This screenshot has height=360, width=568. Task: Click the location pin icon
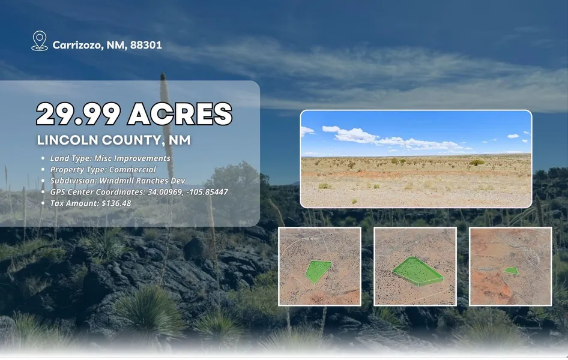click(40, 41)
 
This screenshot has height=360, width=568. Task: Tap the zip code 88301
click(146, 45)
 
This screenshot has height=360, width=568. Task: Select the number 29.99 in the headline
click(78, 114)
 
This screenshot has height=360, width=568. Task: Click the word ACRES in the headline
click(180, 114)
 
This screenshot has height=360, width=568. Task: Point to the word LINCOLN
click(68, 140)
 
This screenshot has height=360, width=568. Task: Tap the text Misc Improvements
click(132, 158)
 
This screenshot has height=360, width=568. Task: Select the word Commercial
click(133, 169)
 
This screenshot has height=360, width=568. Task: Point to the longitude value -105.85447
click(207, 192)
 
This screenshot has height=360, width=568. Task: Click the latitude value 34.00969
click(165, 192)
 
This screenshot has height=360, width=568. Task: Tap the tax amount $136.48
click(116, 203)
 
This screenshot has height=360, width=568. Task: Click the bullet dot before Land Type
click(43, 158)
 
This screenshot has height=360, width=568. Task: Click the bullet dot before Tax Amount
click(43, 203)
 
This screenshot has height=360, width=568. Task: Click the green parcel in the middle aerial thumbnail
click(418, 271)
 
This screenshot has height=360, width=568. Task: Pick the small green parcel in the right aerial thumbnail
click(512, 271)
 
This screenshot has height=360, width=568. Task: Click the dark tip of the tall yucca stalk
click(163, 76)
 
